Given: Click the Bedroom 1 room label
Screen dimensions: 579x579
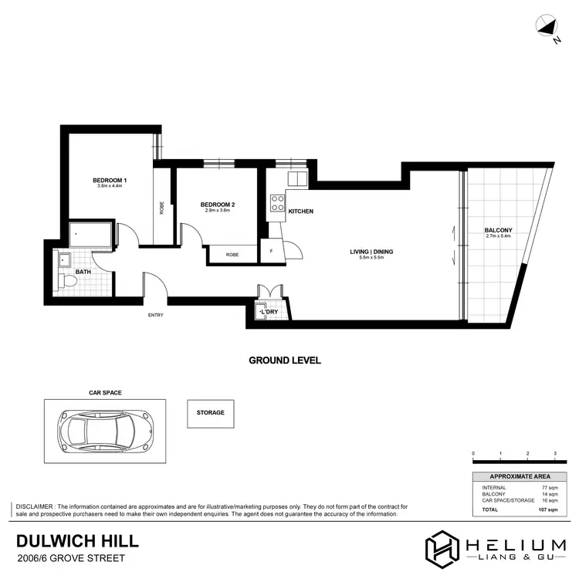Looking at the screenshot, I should [112, 181].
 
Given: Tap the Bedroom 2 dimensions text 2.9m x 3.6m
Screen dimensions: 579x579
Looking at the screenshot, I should [217, 211].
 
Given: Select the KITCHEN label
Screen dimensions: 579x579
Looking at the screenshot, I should [300, 212].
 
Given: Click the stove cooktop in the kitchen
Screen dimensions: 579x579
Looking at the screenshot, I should [276, 204].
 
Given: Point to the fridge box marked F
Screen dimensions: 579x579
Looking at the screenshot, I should [272, 250].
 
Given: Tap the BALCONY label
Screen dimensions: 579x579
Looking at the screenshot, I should [498, 231].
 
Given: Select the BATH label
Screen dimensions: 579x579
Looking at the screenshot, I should [83, 272].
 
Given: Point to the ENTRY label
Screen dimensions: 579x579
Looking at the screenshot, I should [155, 315].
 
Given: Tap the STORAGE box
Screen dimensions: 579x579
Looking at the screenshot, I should [210, 413].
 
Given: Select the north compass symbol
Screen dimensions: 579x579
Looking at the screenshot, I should [547, 29].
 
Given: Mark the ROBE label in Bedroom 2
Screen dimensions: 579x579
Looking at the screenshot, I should [232, 255].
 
